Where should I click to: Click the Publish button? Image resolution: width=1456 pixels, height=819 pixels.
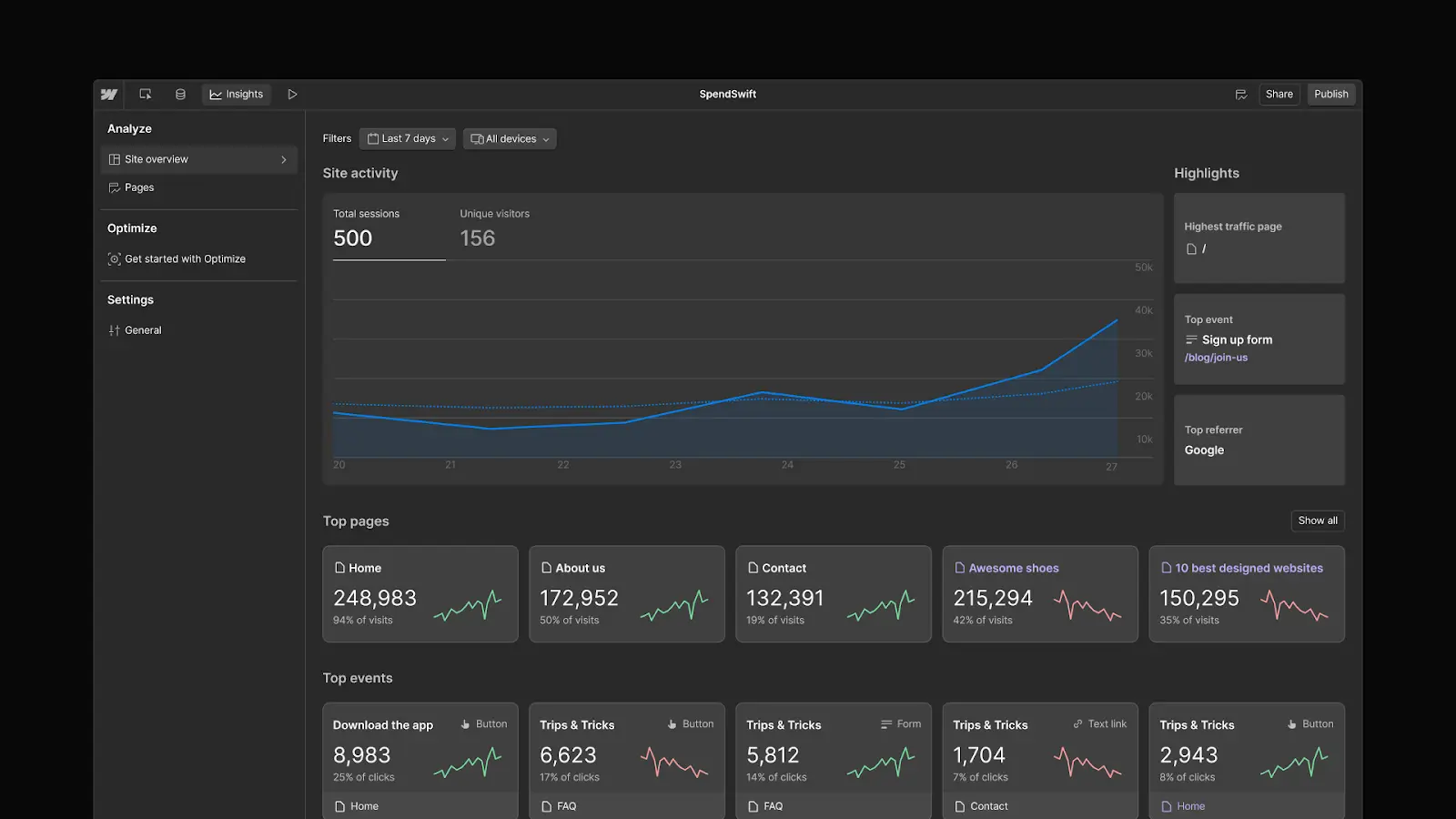[1330, 95]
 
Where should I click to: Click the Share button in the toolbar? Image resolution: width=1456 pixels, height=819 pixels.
[1279, 95]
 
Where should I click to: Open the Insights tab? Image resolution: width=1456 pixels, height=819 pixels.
[236, 95]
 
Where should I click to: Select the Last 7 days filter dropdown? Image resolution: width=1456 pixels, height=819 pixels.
[408, 139]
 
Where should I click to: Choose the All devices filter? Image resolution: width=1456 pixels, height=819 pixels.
[510, 139]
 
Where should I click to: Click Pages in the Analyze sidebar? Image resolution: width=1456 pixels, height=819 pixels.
[139, 187]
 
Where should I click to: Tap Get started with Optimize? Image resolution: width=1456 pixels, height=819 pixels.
[185, 259]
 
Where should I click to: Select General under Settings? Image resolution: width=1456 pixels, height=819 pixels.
[143, 330]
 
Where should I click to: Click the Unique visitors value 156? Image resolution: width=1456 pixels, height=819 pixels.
[477, 238]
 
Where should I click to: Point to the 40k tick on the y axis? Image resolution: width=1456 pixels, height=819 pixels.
[1143, 310]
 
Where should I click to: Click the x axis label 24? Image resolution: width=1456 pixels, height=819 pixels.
[787, 465]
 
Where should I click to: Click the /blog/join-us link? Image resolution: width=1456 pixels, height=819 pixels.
[1216, 358]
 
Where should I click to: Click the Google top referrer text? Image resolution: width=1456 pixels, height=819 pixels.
[1204, 450]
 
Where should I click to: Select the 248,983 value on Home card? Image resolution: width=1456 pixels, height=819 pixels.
[375, 598]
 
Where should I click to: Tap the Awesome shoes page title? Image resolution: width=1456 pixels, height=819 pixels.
[1013, 568]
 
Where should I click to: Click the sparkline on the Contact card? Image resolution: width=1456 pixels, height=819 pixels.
[880, 606]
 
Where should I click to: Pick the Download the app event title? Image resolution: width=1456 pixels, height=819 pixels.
[382, 725]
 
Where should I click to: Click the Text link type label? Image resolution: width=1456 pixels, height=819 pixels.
[1107, 724]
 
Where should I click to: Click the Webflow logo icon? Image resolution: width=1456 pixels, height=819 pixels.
[109, 95]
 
